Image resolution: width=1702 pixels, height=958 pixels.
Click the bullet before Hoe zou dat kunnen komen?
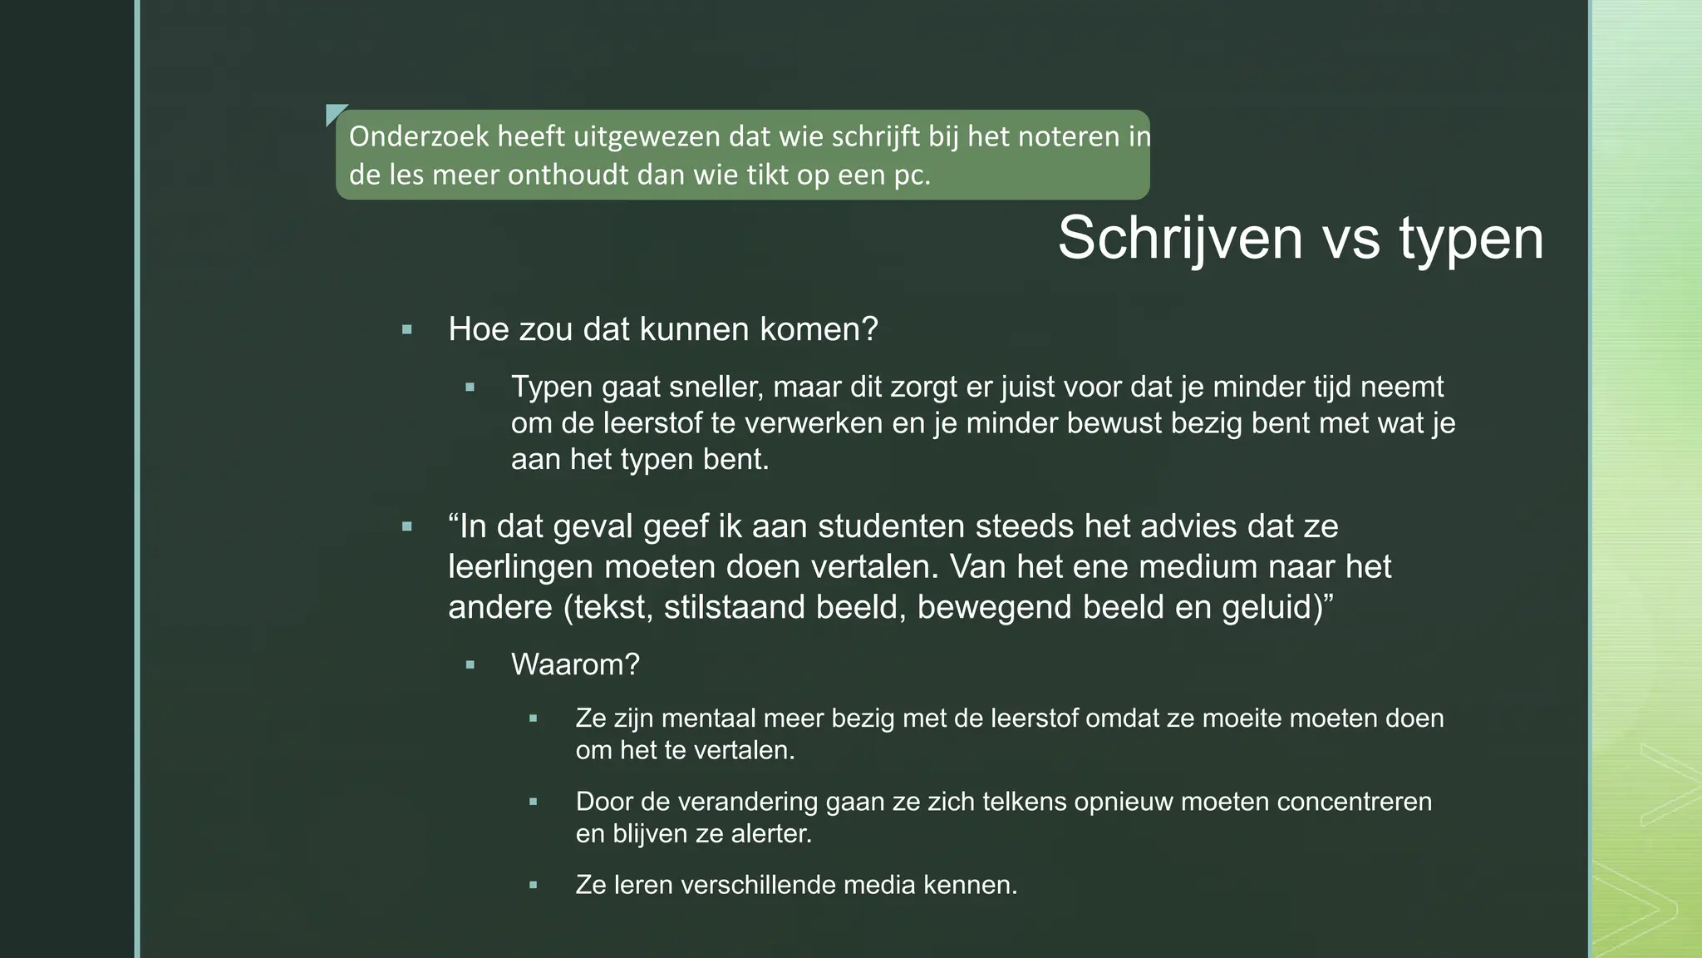click(x=406, y=330)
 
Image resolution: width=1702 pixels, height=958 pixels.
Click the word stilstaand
click(x=735, y=607)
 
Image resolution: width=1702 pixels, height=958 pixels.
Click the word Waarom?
click(x=575, y=664)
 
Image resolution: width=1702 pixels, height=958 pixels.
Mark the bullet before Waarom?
click(x=470, y=665)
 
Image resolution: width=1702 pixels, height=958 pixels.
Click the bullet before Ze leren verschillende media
click(x=534, y=885)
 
